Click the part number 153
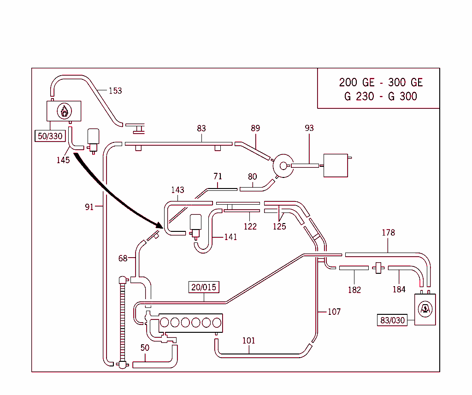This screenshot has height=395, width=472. coord(115,91)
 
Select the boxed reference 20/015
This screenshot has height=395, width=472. coord(204,287)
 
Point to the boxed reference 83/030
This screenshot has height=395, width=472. coord(393,320)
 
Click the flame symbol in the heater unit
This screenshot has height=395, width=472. coord(64,111)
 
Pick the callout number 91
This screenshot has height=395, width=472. coord(89,207)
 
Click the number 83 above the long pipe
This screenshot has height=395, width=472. coord(201,129)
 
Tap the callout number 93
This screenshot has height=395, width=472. coord(309,128)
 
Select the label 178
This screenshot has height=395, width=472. coord(388,233)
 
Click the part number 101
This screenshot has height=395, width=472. coord(248,341)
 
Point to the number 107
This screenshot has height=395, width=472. coord(334,312)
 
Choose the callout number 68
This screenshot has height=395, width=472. coord(123,258)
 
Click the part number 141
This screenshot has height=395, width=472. coord(230,237)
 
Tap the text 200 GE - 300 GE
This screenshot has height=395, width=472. coord(381,83)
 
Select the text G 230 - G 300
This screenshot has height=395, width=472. coord(381,96)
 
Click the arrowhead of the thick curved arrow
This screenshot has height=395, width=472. coord(159,225)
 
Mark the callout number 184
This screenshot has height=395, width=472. coord(399,289)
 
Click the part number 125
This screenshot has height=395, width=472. coord(279,226)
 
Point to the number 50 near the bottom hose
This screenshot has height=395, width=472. coord(145,348)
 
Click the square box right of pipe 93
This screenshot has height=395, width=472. coord(336,165)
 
